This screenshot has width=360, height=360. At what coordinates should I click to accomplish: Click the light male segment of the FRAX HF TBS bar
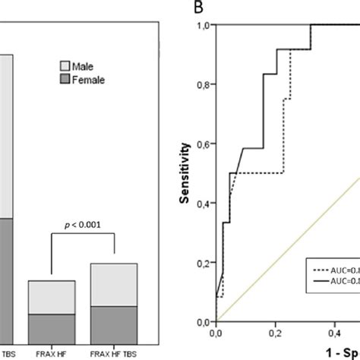[114, 285]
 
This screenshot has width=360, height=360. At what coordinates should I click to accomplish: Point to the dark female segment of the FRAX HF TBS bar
[114, 324]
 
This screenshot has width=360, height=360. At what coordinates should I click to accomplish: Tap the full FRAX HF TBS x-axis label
[114, 353]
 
